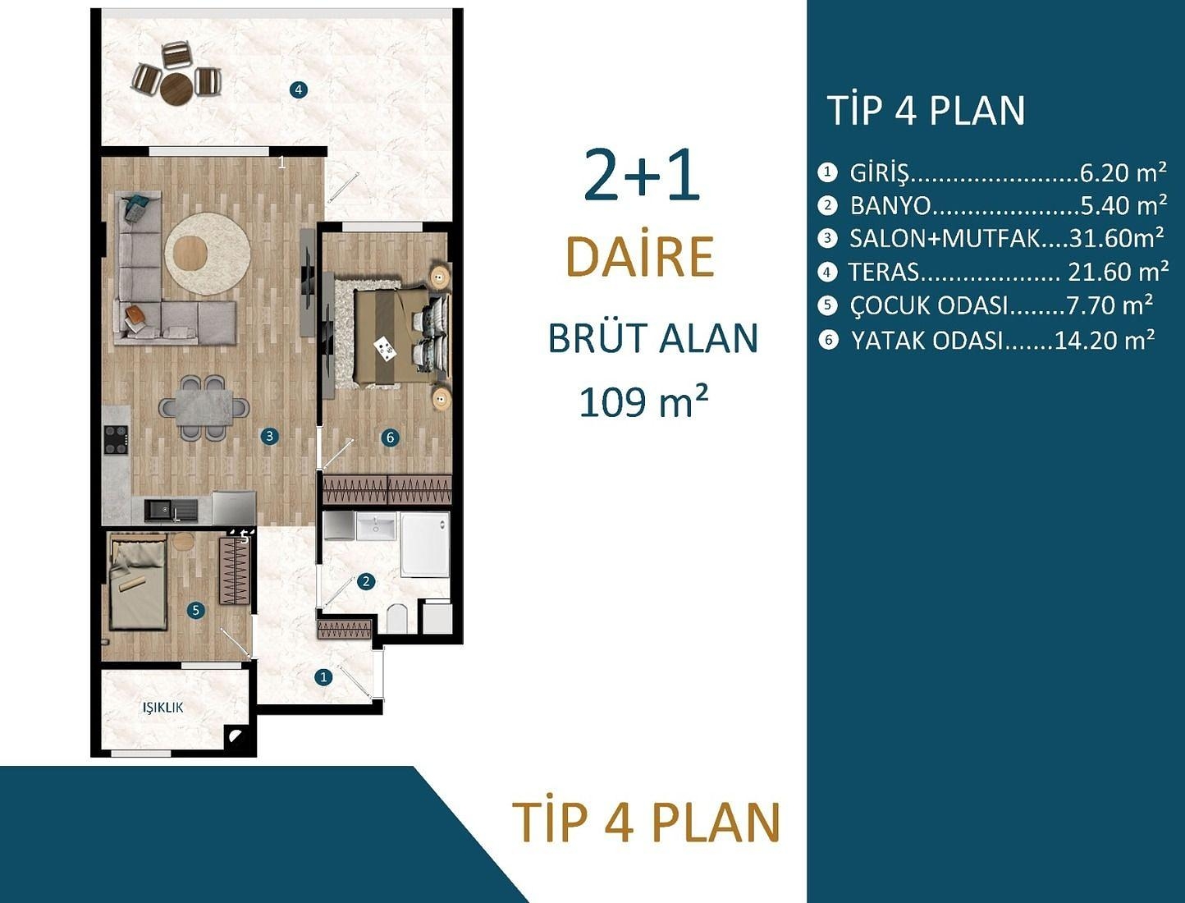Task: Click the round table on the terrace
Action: (176, 89)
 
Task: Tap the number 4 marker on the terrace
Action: (299, 89)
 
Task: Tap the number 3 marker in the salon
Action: (269, 437)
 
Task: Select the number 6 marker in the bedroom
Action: (391, 438)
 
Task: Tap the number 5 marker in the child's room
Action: (195, 610)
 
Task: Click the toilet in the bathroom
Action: (397, 618)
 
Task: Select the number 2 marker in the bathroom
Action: (366, 581)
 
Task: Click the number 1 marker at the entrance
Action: (323, 677)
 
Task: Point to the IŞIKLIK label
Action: (162, 707)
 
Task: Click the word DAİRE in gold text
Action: (640, 257)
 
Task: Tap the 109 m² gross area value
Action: (643, 402)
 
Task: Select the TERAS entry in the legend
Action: (884, 272)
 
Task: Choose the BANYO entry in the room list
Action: (890, 205)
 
